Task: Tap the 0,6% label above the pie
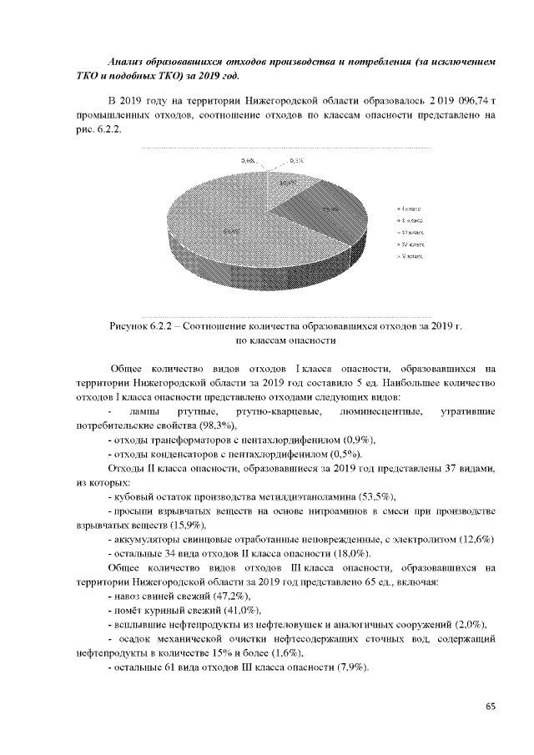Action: pyautogui.click(x=248, y=159)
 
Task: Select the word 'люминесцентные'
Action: pyautogui.click(x=380, y=411)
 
